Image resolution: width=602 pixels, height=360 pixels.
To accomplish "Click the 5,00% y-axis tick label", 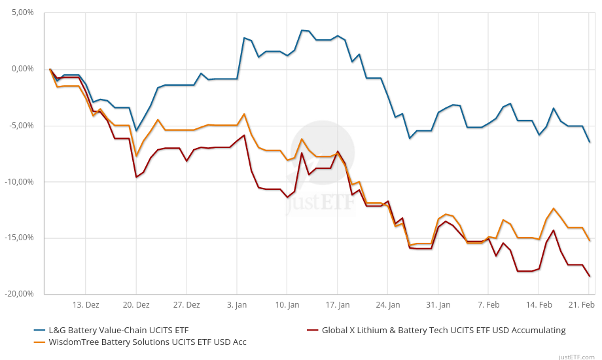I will tap(22, 12).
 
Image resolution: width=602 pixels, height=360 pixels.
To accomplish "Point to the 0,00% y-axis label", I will tap(22, 69).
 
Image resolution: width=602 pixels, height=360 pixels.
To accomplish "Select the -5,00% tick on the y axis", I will tap(20, 125).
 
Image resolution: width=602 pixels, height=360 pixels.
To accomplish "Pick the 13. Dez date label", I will tap(86, 305).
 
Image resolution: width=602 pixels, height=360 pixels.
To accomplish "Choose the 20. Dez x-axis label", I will tap(136, 305).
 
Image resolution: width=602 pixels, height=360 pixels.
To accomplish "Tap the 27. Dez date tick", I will tap(186, 305).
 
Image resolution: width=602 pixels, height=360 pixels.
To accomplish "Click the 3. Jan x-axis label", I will tap(237, 305).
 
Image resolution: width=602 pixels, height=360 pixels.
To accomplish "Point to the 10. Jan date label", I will tap(287, 305).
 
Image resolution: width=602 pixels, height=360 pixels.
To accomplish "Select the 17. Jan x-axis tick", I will tap(338, 305).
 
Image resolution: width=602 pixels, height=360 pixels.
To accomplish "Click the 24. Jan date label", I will tap(387, 305).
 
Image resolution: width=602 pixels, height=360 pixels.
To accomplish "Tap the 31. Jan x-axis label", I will tap(438, 305).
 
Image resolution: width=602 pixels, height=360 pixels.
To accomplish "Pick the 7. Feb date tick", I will tap(488, 305).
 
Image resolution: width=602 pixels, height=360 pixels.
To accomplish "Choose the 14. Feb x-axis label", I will tap(539, 305).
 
